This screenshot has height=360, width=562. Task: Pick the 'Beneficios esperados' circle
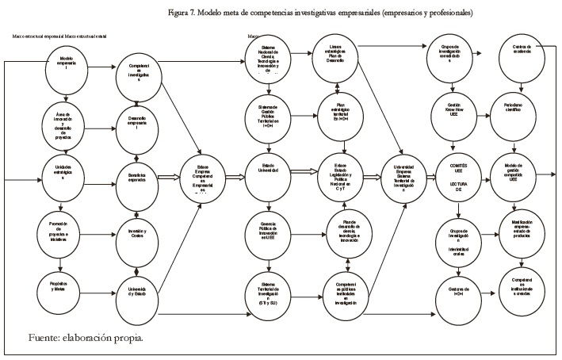click(x=139, y=177)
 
